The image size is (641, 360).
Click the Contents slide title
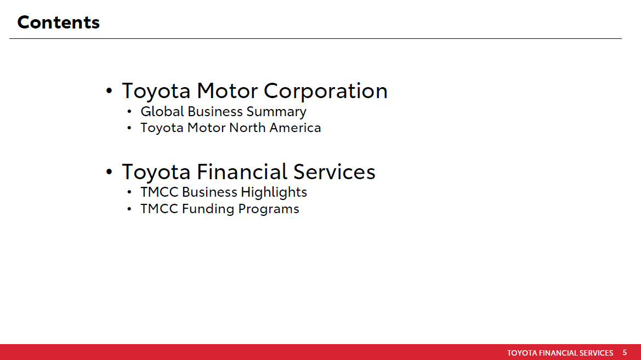click(59, 22)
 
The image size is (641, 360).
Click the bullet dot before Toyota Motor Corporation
click(109, 91)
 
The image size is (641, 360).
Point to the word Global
click(162, 111)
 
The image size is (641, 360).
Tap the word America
click(295, 128)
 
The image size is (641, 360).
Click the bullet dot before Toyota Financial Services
click(109, 172)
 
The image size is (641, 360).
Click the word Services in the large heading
click(334, 172)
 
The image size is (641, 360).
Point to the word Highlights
click(274, 192)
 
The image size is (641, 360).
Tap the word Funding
click(208, 209)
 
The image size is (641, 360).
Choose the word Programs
click(269, 209)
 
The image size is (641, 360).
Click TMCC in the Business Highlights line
click(160, 192)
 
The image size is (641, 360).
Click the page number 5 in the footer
click(625, 352)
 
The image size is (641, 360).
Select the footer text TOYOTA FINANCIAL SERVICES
click(560, 353)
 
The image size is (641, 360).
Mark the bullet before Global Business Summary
click(129, 112)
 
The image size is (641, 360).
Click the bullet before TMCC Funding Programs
click(129, 209)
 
